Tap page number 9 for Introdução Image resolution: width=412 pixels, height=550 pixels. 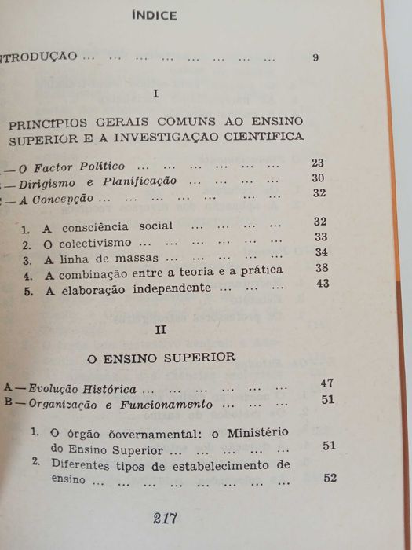coord(315,57)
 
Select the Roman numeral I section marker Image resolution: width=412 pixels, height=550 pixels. coord(157,93)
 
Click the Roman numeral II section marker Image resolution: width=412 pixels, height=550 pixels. coord(161,330)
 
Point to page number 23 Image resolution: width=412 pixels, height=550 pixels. coord(318,163)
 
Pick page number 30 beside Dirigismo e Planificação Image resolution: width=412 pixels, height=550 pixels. coord(319,179)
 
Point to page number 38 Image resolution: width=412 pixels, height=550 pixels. coord(322,268)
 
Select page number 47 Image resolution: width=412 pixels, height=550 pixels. coord(328,383)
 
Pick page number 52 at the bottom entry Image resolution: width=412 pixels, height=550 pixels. coord(330,478)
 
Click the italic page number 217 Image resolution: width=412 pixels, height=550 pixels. coord(166,518)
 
